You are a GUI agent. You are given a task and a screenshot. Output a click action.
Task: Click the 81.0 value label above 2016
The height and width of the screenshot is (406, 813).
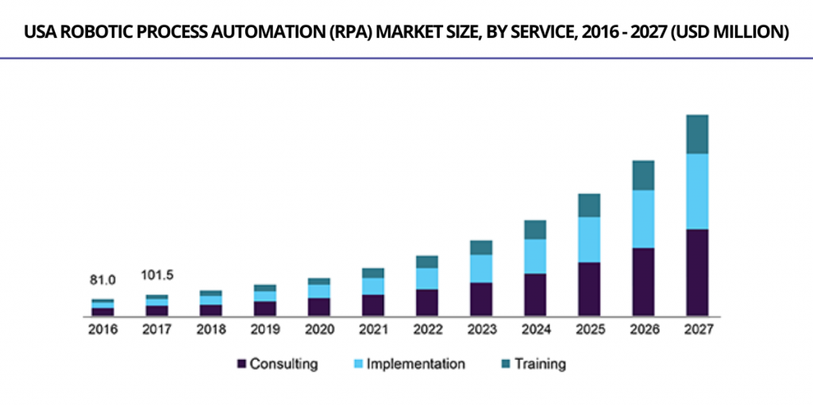click(x=102, y=280)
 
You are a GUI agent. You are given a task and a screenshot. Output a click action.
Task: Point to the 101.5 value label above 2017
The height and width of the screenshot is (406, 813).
click(x=156, y=275)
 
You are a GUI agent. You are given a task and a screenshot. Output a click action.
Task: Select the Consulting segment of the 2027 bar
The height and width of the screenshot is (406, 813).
click(x=696, y=272)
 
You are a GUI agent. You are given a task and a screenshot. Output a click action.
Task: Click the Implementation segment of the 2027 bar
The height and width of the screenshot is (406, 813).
click(x=696, y=191)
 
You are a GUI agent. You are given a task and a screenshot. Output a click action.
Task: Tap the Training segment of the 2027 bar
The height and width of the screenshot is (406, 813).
click(x=696, y=134)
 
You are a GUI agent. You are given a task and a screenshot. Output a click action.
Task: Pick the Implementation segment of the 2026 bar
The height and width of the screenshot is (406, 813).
click(x=643, y=219)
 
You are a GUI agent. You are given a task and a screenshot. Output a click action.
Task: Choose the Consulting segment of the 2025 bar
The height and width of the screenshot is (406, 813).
click(x=589, y=289)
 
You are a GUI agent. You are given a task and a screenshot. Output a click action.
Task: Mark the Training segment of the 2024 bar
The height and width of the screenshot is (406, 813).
click(x=535, y=229)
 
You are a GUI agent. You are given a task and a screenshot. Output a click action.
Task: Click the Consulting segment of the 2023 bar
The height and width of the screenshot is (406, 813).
click(x=481, y=299)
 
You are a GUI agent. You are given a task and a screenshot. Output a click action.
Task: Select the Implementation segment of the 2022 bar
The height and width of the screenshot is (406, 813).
click(x=427, y=278)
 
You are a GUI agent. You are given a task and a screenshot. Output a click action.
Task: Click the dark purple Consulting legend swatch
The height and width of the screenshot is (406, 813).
click(x=241, y=364)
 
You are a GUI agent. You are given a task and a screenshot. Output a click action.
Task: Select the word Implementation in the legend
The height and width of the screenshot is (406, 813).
click(x=415, y=364)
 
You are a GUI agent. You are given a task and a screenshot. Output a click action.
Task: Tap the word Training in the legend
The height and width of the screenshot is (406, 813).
click(x=540, y=364)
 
